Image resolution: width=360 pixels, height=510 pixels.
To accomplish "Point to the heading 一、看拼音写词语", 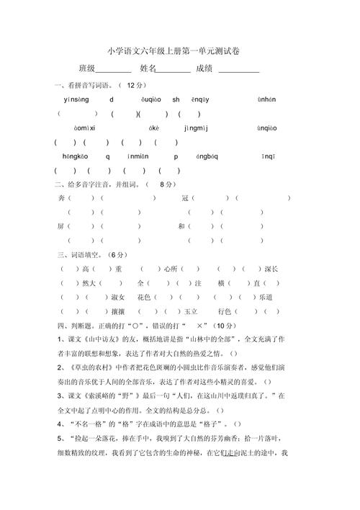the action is (x=84, y=85).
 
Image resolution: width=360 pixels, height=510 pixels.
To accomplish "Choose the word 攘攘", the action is (x=117, y=311).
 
